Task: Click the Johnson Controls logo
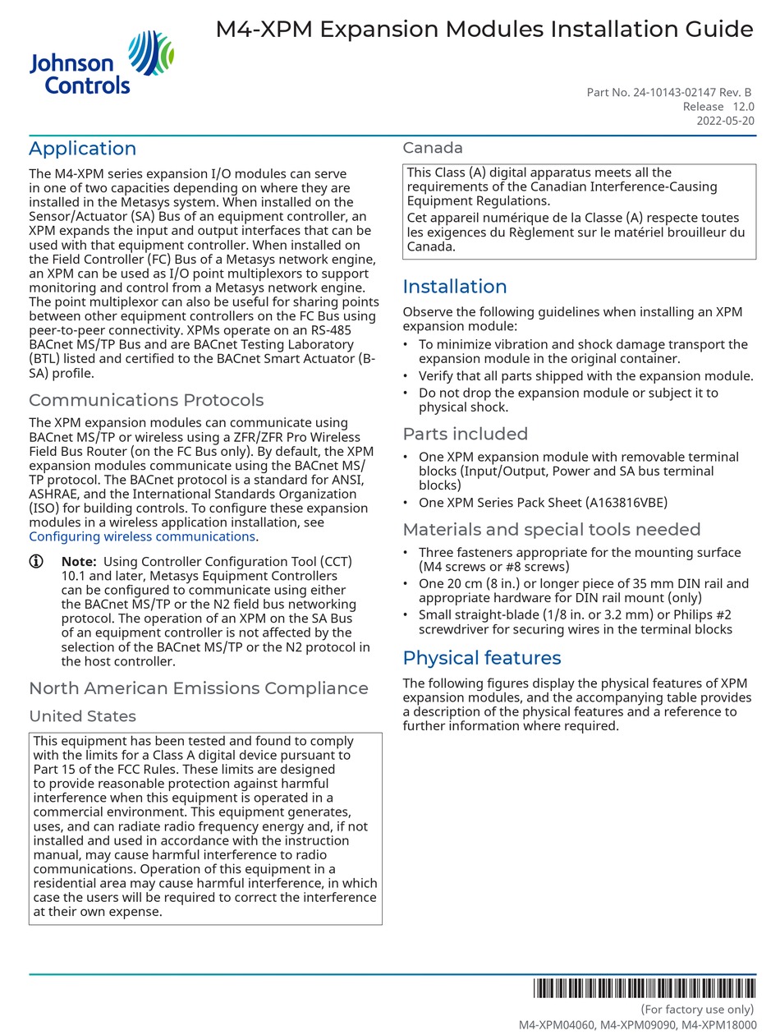[x=101, y=62]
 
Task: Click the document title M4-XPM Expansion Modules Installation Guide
[x=484, y=30]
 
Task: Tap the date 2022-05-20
[x=726, y=121]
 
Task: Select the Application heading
[x=82, y=149]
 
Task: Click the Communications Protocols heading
[x=146, y=400]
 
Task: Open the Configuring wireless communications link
[x=142, y=536]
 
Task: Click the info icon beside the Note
[x=36, y=562]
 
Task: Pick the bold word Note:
[x=79, y=562]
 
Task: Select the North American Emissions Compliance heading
[x=199, y=688]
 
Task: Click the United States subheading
[x=82, y=716]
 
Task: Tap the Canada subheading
[x=433, y=148]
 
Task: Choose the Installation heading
[x=455, y=287]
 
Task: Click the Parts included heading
[x=465, y=434]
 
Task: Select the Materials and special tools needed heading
[x=551, y=530]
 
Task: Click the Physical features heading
[x=482, y=658]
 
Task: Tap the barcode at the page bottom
[x=644, y=988]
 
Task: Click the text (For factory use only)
[x=697, y=1010]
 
